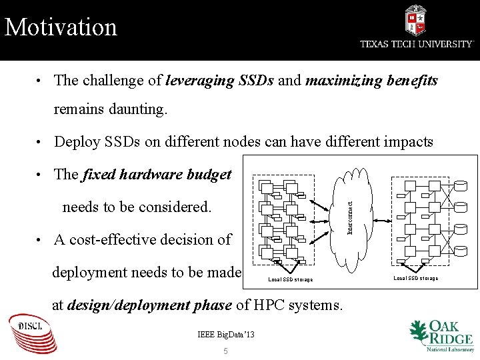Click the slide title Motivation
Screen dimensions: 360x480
point(61,27)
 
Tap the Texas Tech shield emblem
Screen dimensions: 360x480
point(415,20)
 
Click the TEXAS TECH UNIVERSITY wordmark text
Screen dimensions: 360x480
point(417,44)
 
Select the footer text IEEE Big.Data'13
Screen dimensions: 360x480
point(226,334)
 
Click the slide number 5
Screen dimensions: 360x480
point(225,351)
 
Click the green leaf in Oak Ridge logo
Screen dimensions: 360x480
point(418,331)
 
